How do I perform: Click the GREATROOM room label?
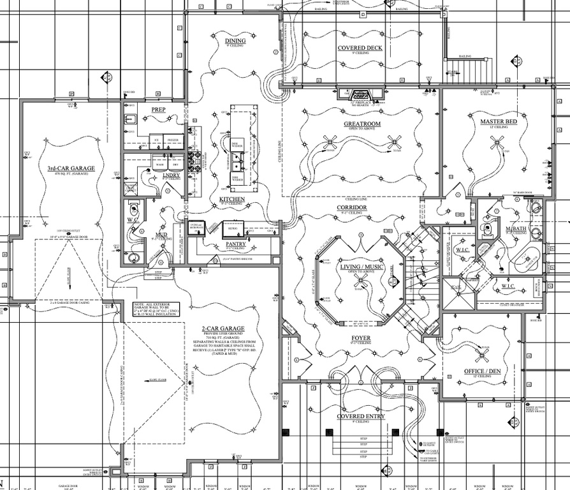[x=362, y=124]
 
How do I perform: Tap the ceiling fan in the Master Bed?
[x=498, y=143]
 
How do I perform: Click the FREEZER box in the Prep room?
[x=174, y=139]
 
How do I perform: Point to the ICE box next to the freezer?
[x=156, y=139]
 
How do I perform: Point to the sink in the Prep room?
[x=129, y=119]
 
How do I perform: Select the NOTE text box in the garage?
[x=156, y=309]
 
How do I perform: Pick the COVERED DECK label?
[x=360, y=48]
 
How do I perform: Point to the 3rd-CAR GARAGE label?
[x=71, y=168]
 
